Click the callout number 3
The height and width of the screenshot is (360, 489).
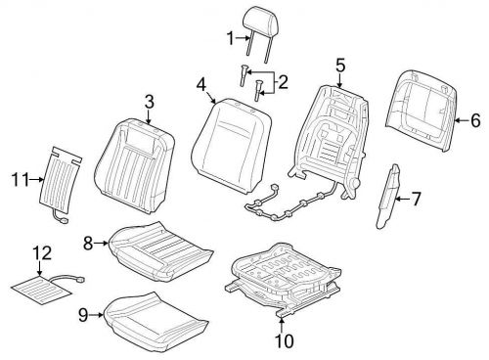point(149,101)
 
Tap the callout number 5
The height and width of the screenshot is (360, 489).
point(339,67)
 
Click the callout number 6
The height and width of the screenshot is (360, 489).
point(476,122)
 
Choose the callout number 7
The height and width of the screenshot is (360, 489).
point(417,200)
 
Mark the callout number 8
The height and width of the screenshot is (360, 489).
point(87,242)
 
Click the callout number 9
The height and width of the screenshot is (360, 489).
point(85,313)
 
